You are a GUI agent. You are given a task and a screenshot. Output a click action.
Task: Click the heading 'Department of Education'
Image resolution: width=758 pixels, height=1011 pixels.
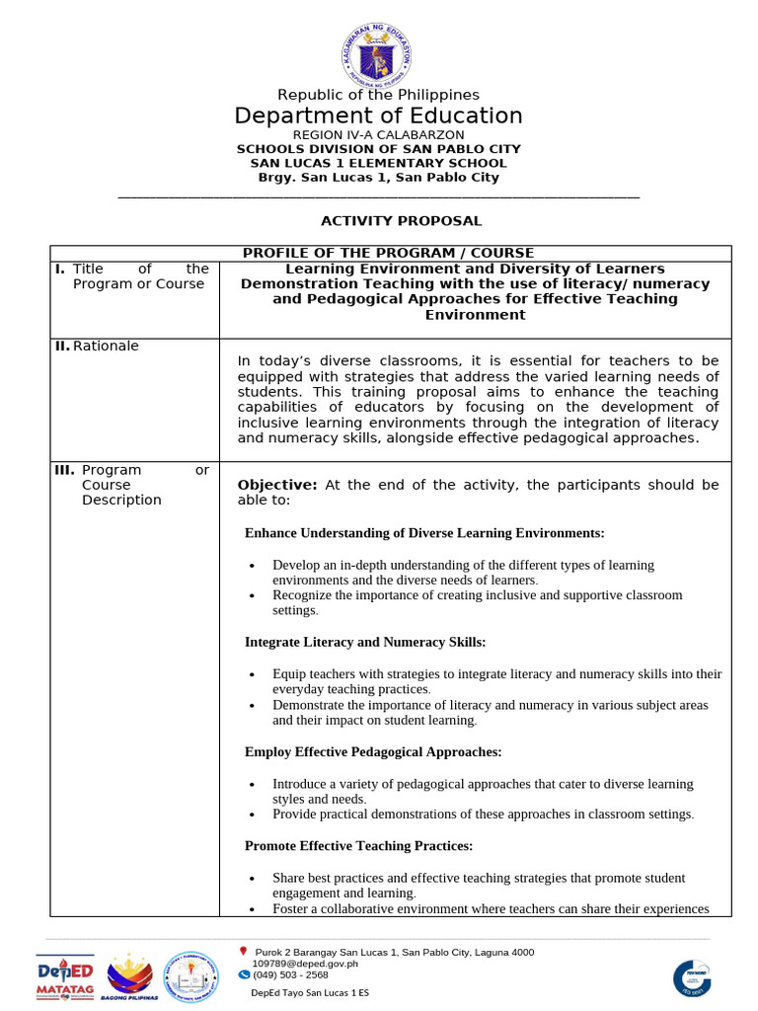point(378,116)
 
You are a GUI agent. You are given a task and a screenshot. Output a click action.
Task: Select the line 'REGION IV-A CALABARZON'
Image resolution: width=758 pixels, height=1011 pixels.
point(378,134)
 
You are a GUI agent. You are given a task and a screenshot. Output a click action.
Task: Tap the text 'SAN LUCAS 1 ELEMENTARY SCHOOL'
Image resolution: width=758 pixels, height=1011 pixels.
point(378,163)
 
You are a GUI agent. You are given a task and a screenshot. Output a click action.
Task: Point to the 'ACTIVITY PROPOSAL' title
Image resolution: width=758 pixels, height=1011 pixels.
point(378,221)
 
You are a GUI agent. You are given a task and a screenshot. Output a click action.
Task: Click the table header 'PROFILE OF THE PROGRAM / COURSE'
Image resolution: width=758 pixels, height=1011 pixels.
point(388,254)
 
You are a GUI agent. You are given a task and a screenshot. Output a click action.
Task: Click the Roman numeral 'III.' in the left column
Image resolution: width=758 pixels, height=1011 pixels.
point(64,470)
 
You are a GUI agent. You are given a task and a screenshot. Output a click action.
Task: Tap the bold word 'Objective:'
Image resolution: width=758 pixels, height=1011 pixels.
point(276,485)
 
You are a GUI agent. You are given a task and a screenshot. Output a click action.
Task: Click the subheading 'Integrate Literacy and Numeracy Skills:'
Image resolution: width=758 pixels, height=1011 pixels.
point(365,642)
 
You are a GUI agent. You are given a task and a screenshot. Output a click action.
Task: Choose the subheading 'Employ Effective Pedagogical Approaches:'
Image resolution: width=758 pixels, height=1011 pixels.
point(373,752)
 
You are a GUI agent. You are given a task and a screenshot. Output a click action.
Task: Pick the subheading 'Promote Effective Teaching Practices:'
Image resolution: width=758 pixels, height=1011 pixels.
point(358,846)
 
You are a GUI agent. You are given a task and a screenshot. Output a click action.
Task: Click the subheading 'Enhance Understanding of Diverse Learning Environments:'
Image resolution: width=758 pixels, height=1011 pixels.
point(424,533)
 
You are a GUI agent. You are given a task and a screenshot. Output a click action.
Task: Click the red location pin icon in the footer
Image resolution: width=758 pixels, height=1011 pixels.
point(243,951)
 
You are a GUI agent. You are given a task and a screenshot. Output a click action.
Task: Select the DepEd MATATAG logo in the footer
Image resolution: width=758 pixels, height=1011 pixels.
point(65,976)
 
